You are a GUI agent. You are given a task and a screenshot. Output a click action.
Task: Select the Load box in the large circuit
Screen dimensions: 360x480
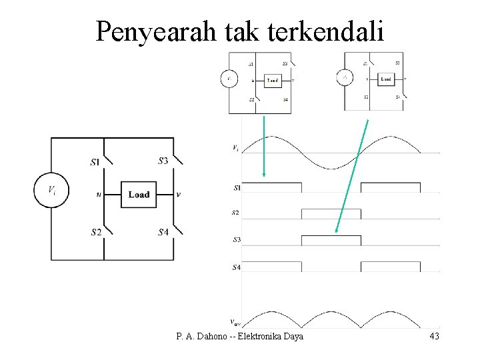pos(139,194)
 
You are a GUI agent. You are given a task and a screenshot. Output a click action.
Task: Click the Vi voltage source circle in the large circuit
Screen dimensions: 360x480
pos(51,191)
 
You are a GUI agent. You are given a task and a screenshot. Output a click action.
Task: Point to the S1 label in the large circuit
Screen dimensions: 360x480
pos(95,161)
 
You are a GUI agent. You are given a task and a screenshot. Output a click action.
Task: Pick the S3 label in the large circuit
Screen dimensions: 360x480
pos(163,160)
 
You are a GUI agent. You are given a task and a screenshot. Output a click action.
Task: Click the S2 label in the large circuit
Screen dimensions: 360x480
pos(96,232)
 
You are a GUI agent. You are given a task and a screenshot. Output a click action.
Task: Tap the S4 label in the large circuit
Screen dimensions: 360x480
pos(163,232)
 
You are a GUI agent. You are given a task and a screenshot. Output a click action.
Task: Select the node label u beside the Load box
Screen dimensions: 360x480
pos(99,195)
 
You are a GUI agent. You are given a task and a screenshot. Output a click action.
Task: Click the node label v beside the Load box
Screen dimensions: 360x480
pos(178,195)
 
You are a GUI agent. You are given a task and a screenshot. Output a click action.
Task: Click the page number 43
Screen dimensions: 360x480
pos(433,337)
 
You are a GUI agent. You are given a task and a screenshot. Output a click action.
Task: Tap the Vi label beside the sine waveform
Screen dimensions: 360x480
pos(235,148)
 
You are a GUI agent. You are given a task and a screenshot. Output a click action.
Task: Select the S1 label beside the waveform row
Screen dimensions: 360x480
pos(236,188)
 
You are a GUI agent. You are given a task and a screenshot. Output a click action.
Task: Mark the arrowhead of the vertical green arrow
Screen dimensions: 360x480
pos(264,174)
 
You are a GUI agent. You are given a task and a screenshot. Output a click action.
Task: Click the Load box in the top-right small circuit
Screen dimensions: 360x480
pos(386,79)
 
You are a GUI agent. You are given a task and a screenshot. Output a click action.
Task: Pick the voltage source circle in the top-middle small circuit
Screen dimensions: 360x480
pos(229,79)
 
